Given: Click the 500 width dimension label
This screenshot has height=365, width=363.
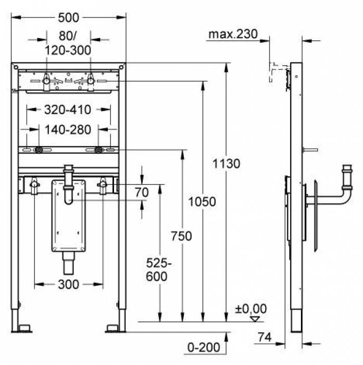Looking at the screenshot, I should [x=69, y=17].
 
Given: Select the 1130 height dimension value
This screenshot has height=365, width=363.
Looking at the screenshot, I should [x=227, y=164].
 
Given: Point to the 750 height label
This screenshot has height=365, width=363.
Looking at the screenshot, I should [x=181, y=236].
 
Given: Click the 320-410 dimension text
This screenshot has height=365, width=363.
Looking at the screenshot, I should [x=68, y=110].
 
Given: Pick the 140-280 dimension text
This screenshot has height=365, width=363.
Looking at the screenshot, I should [x=68, y=129].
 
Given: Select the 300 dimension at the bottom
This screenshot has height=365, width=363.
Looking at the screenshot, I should [x=68, y=284].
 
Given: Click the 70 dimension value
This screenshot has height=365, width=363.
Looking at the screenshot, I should [x=142, y=192].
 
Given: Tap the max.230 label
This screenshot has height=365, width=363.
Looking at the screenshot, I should [x=233, y=34].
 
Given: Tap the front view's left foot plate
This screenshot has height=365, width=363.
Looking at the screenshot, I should [x=24, y=328].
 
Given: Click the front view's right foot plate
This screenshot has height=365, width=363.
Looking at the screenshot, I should [x=113, y=328].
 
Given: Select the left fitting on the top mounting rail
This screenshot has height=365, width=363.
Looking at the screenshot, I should [x=46, y=80].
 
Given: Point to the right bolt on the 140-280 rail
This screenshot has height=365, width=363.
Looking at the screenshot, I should [x=98, y=150].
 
